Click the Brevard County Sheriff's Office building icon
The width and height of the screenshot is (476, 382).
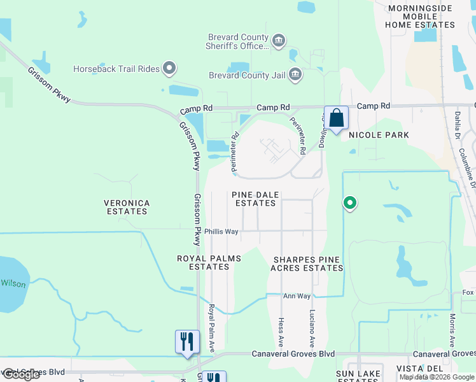click(279, 41)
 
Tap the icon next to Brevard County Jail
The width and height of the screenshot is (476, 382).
click(295, 75)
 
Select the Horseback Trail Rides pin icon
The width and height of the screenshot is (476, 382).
click(169, 67)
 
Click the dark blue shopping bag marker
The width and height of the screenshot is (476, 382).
click(336, 118)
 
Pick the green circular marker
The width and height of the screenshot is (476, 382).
click(349, 204)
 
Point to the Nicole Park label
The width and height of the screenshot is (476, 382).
click(379, 135)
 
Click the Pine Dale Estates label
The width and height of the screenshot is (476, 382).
click(255, 199)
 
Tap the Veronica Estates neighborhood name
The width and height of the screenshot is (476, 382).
click(127, 208)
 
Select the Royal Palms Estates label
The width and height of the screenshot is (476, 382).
click(203, 262)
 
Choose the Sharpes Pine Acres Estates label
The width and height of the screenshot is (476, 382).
click(308, 264)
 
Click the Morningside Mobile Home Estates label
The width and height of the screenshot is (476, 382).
click(421, 17)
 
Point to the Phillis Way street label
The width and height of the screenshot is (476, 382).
click(221, 232)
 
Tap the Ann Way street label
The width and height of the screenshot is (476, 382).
click(297, 296)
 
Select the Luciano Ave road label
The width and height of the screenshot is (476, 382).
click(312, 326)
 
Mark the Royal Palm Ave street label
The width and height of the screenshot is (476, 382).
click(211, 329)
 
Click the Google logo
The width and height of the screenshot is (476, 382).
click(21, 374)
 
